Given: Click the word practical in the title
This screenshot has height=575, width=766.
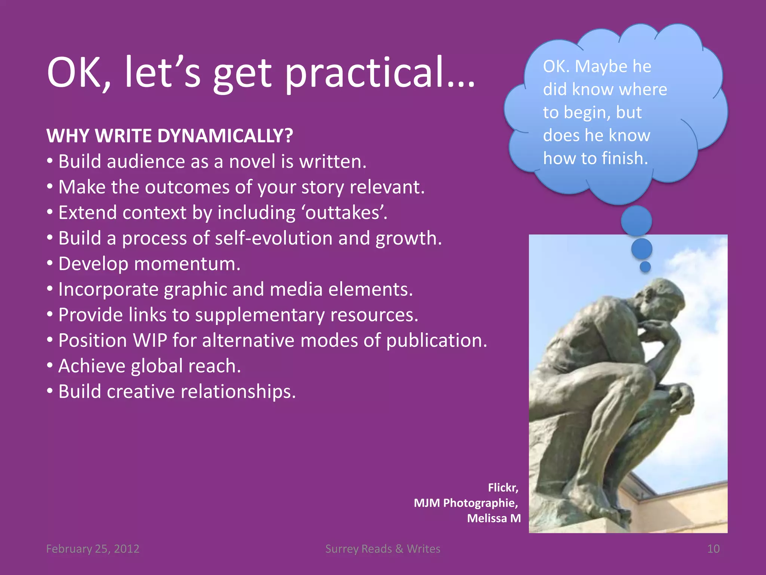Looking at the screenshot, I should pyautogui.click(x=380, y=73).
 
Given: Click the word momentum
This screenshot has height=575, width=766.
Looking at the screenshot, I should pyautogui.click(x=187, y=264).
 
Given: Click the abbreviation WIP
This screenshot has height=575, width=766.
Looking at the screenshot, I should pyautogui.click(x=150, y=341).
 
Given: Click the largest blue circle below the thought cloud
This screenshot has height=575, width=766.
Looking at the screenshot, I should pyautogui.click(x=636, y=221).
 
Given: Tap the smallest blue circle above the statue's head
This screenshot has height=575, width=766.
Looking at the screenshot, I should pyautogui.click(x=645, y=267).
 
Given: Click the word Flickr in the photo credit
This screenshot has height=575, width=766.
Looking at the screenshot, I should pyautogui.click(x=503, y=488).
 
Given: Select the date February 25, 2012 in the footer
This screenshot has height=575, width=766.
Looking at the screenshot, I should pyautogui.click(x=92, y=549).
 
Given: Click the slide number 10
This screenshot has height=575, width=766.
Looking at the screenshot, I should pyautogui.click(x=713, y=549).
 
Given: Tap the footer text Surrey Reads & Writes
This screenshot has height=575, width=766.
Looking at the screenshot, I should pyautogui.click(x=383, y=549).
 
